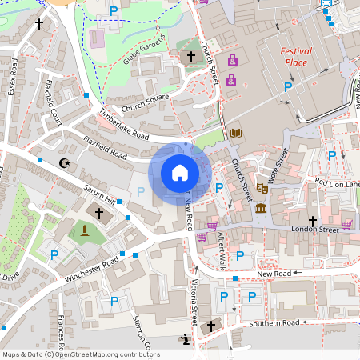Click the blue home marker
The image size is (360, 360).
coord(180,172)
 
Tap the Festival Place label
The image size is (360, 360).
coord(296,56)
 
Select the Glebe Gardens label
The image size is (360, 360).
coord(145,51)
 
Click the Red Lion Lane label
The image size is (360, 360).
coord(337,184)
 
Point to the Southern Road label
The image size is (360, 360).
coord(274,322)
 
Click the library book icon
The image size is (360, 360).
coord(235,133)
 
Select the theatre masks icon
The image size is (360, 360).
coord(262,190)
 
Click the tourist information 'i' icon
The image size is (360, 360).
coord(186,339)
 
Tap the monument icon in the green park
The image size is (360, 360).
coord(84,232)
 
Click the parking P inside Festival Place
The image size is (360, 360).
coord(288,86)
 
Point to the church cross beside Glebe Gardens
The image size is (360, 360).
coord(190,57)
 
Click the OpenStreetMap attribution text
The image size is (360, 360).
coord(80,354)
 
